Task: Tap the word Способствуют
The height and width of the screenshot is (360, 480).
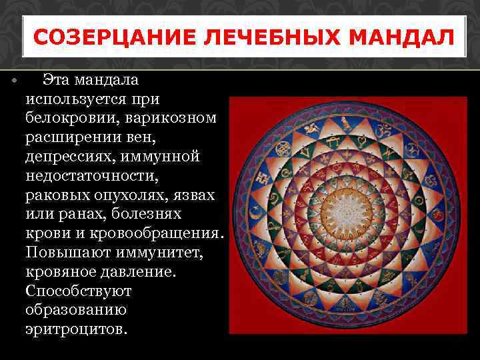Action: tap(79, 291)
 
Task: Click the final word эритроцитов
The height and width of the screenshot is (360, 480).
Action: tap(75, 330)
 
